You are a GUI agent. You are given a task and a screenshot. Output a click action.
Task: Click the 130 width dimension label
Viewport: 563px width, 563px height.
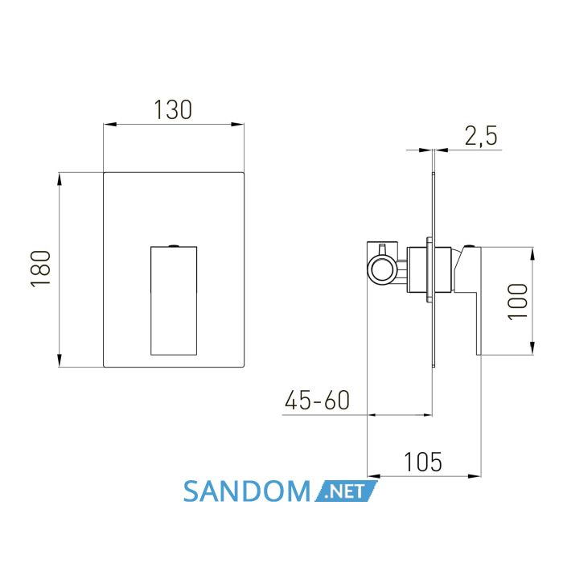173,109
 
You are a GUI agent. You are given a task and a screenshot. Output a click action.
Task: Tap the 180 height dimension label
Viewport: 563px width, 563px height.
40,269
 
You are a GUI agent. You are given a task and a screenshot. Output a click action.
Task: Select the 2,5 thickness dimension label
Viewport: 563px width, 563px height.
481,136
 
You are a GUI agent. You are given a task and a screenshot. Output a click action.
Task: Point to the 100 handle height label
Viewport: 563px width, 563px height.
518,302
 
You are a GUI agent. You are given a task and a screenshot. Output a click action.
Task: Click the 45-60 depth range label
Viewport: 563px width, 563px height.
317,400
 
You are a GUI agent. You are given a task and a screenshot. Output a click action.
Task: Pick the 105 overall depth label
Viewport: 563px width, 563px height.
423,462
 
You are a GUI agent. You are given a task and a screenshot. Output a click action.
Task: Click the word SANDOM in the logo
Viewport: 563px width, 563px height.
247,491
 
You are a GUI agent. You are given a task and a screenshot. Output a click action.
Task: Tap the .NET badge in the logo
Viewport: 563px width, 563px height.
346,491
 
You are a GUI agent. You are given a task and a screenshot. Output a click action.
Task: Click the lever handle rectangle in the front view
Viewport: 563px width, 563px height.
174,301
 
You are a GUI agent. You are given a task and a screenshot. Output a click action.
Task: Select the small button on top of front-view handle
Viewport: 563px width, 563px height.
174,245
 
